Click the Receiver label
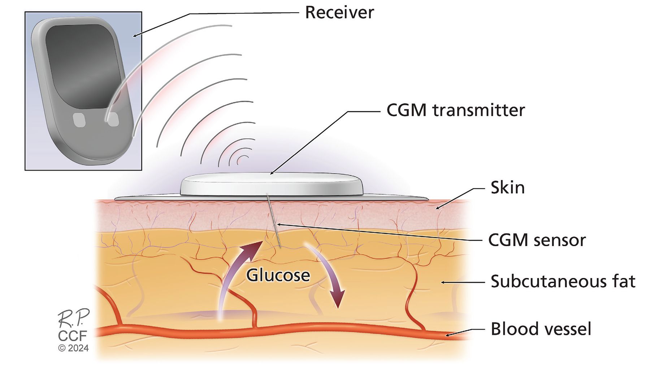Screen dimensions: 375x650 339,13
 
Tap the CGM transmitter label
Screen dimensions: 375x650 455,110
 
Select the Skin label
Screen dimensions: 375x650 507,188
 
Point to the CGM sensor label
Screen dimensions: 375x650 537,240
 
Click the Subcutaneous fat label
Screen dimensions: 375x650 563,282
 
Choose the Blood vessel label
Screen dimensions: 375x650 541,329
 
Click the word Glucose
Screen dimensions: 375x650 278,275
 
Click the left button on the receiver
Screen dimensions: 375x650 79,120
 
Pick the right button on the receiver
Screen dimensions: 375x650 113,119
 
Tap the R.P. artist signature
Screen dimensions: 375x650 73,319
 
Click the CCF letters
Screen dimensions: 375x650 73,336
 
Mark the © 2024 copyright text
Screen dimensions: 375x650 73,348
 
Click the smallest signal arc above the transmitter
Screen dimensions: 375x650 243,159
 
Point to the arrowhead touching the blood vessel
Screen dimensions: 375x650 448,335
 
